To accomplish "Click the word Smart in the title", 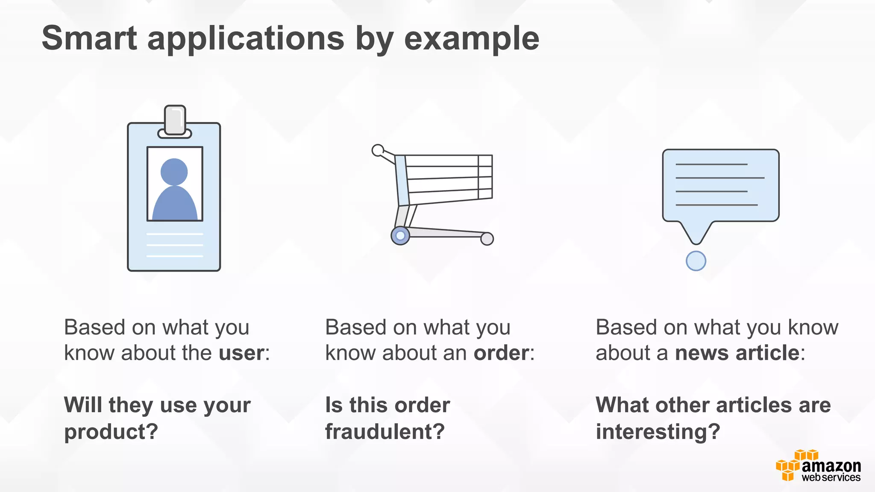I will pos(89,38).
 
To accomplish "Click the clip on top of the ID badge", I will pos(175,120).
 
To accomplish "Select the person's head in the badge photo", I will pos(174,172).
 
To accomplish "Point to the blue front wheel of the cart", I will pos(400,235).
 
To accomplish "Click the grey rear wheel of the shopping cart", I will pos(487,238).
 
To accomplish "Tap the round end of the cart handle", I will pos(378,150).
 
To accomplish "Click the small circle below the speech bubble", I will pos(696,261).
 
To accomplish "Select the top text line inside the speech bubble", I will pos(711,164).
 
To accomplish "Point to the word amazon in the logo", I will pos(831,466).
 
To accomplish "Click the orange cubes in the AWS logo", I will pos(789,468).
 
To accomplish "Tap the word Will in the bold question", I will pos(83,405).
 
